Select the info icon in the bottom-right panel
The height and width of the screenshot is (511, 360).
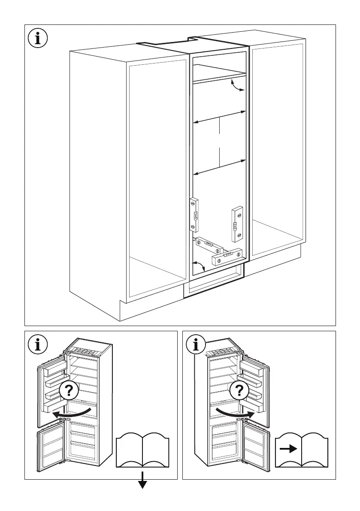click(197, 344)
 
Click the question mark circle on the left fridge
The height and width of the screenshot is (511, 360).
click(69, 391)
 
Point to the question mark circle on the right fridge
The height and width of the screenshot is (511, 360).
click(239, 391)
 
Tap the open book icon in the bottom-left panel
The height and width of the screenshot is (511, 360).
click(142, 450)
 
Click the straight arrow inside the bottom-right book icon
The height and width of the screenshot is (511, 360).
click(288, 449)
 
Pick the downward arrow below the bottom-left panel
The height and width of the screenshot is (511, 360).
click(142, 484)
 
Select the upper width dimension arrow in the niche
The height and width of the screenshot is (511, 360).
click(219, 118)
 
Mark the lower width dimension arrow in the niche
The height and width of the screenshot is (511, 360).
click(219, 167)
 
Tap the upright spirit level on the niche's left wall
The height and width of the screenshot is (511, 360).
click(194, 215)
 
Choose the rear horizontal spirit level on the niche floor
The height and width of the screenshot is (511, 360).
click(209, 245)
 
